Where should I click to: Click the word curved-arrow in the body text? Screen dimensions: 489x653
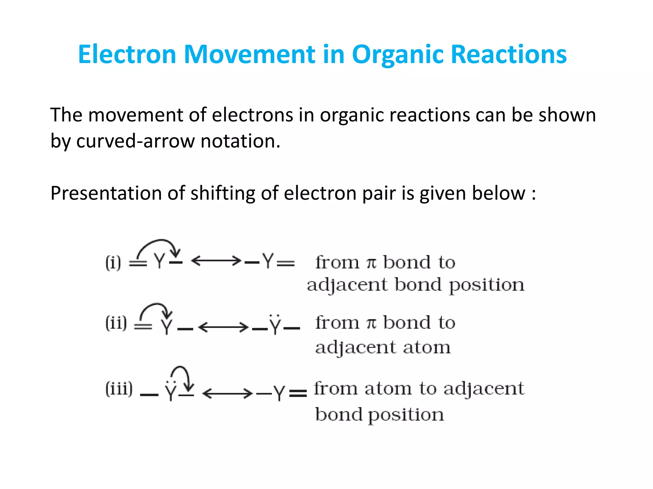135,141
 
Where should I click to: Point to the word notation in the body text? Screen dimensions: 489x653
240,141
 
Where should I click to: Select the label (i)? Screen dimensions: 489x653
113,263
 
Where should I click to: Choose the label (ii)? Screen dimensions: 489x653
116,323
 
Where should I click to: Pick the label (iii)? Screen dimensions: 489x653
119,389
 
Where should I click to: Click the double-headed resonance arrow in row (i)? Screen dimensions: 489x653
216,261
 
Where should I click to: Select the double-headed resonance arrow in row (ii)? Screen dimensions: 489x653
223,327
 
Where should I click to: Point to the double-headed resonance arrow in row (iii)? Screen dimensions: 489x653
227,393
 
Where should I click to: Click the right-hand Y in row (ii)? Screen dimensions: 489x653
275,325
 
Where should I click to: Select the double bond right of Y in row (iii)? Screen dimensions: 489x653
297,394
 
